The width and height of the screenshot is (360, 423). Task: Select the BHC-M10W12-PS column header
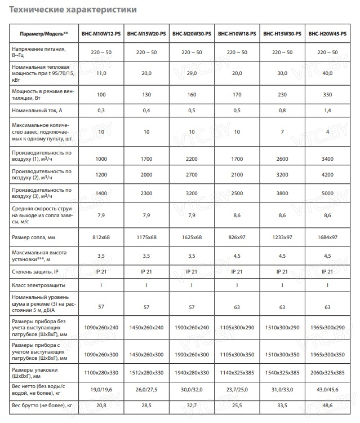pyautogui.click(x=101, y=34)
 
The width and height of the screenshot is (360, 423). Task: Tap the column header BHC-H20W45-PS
pyautogui.click(x=328, y=34)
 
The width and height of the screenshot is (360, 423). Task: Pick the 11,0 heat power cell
pyautogui.click(x=101, y=73)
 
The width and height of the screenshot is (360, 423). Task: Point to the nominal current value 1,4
pyautogui.click(x=328, y=111)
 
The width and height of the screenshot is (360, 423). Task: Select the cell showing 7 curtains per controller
pyautogui.click(x=282, y=131)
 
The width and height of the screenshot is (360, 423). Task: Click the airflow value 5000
pyautogui.click(x=328, y=193)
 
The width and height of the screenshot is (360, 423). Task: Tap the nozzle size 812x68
pyautogui.click(x=101, y=236)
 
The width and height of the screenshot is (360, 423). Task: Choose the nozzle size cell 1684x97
pyautogui.click(x=328, y=236)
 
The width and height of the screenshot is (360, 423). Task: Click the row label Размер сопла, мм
pyautogui.click(x=33, y=236)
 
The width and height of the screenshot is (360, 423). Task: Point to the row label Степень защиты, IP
pyautogui.click(x=35, y=272)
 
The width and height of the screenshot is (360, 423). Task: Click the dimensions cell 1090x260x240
pyautogui.click(x=101, y=327)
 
